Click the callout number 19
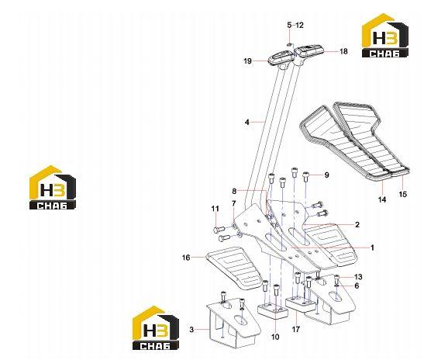pos(247,61)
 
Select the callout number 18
pos(343,51)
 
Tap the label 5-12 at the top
pos(295,25)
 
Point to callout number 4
pos(247,123)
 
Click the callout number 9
pos(326,175)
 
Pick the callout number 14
pos(382,199)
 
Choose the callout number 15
pos(403,194)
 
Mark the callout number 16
pos(186,258)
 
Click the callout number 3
pos(191,330)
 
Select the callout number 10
pos(275,337)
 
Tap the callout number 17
pos(296,330)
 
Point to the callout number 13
pos(358,277)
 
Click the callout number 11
pos(215,209)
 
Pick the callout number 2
pos(357,224)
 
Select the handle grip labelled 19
pos(280,58)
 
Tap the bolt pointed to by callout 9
pos(306,177)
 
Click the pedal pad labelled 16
pos(235,267)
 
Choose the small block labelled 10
pos(273,310)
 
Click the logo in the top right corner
pos(385,36)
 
